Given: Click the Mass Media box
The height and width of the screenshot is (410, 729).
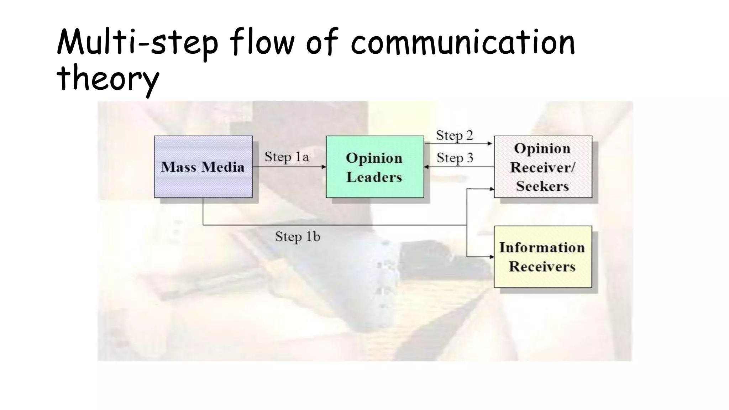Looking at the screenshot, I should pyautogui.click(x=203, y=167).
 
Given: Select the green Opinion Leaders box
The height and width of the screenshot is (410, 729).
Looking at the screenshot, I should pyautogui.click(x=374, y=167).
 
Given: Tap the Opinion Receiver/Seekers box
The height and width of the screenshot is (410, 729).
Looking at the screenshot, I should pyautogui.click(x=543, y=167).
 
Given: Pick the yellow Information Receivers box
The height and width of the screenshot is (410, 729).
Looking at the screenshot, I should pyautogui.click(x=542, y=257).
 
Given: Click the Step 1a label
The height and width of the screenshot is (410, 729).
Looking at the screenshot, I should pyautogui.click(x=287, y=157).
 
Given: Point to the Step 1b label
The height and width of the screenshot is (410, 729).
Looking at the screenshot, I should pyautogui.click(x=298, y=237).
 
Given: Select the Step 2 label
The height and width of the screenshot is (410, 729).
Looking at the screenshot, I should pyautogui.click(x=455, y=136).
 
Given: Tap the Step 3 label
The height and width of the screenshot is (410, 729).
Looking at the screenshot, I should pyautogui.click(x=455, y=158).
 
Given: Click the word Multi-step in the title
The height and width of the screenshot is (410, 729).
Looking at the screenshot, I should pyautogui.click(x=137, y=43).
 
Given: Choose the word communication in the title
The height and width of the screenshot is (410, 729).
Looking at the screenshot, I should pyautogui.click(x=463, y=43).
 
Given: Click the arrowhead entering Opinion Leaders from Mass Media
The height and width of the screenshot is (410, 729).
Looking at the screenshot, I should pyautogui.click(x=324, y=167).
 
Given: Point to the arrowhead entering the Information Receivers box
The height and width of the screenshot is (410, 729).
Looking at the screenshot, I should pyautogui.click(x=492, y=257).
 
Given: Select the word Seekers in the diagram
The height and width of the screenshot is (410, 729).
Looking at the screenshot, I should pyautogui.click(x=542, y=186).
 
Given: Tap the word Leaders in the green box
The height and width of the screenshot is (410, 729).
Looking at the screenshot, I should pyautogui.click(x=374, y=177).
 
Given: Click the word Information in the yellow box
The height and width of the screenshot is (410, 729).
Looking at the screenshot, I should pyautogui.click(x=542, y=247).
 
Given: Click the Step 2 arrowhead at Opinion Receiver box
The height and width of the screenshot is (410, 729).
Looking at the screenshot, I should pyautogui.click(x=490, y=143).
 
